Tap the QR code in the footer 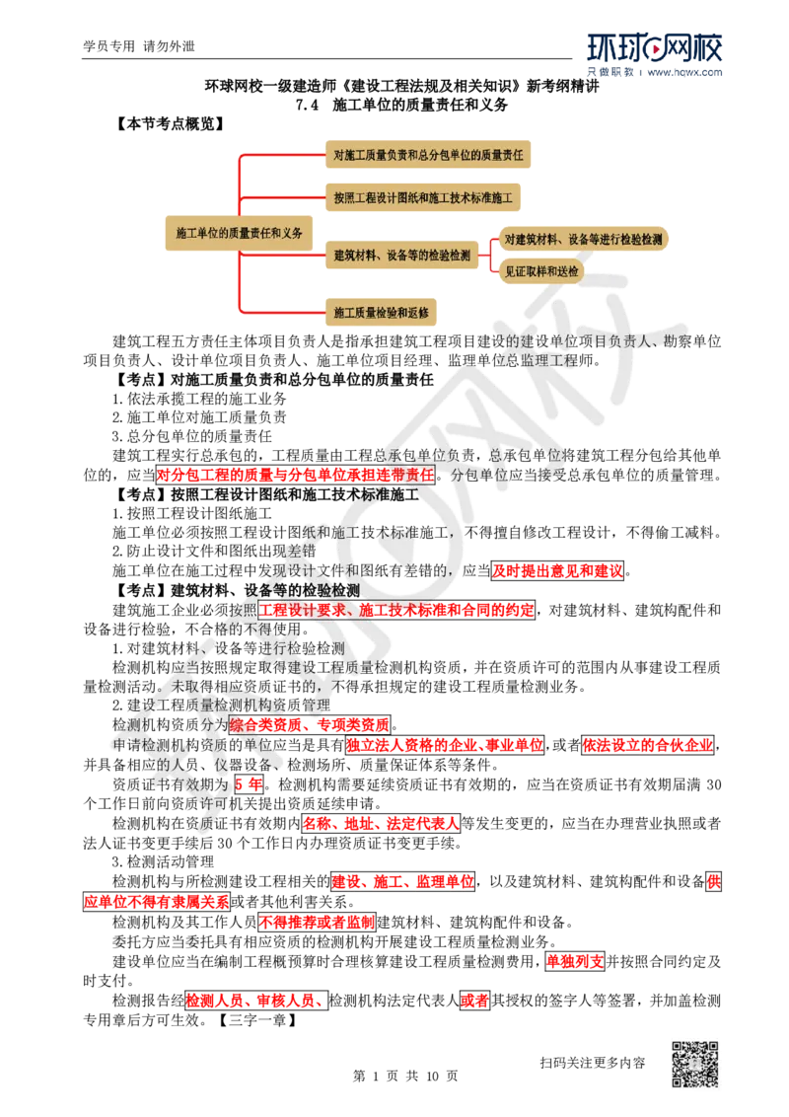tap(695, 1065)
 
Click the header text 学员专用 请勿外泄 tap(139, 46)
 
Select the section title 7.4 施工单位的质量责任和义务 tap(401, 105)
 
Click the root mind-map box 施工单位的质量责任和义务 tap(239, 233)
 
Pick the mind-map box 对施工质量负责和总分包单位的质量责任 tap(428, 155)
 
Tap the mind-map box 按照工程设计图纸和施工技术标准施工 tap(423, 197)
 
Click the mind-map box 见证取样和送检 tap(541, 270)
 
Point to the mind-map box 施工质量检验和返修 tap(381, 312)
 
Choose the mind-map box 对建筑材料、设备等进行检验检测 tap(583, 239)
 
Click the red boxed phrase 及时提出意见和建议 tap(557, 570)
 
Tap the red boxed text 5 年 tap(249, 784)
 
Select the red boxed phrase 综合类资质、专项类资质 tap(310, 725)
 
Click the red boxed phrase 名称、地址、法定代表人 tap(381, 824)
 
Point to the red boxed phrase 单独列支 tap(575, 961)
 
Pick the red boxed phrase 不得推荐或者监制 tap(317, 922)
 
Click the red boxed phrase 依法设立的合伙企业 tap(648, 745)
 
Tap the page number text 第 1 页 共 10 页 tap(405, 1076)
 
